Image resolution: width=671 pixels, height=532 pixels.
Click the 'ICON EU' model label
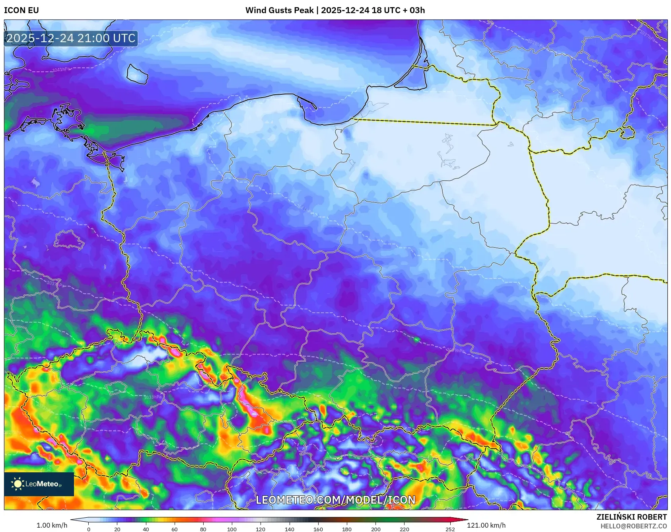pos(21,10)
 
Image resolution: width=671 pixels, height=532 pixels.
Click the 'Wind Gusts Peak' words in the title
pos(279,10)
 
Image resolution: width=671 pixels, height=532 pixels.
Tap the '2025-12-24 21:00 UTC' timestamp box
pos(71,39)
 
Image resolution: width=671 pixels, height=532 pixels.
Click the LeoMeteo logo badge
pos(39,484)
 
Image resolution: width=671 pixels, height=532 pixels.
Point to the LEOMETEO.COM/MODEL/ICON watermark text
pos(335,500)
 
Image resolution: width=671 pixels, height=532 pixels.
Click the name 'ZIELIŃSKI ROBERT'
pos(631,517)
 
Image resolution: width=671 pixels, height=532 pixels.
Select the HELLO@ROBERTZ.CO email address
pos(633,526)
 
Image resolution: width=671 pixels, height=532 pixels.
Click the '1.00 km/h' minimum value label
pos(52,525)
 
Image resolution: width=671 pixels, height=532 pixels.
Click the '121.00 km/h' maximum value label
pos(486,525)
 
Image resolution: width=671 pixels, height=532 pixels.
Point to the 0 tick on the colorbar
pos(89,529)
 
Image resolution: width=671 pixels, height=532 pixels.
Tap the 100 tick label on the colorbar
pos(231,529)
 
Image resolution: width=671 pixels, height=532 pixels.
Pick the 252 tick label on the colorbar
pos(450,529)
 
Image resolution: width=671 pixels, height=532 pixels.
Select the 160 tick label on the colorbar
pos(318,529)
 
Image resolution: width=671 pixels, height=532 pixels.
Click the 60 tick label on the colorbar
pos(174,529)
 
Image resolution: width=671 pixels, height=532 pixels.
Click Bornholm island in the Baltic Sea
pos(137,74)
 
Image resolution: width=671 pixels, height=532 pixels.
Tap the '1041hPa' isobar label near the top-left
pos(60,70)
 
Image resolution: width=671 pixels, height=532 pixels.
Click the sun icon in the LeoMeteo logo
pos(18,484)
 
